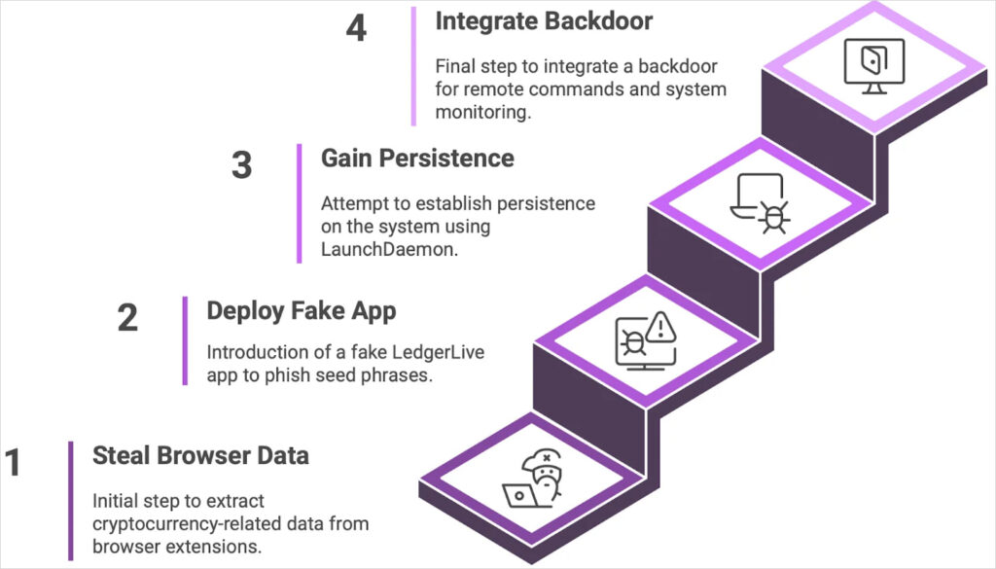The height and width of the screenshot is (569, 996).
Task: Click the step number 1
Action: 14,464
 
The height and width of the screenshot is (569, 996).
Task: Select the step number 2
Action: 127,318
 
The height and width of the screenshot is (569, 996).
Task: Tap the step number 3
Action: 241,165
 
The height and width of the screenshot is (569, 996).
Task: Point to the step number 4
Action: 357,28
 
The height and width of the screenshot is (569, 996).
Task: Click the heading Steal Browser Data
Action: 200,455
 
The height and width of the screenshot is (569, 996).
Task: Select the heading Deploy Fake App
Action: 301,310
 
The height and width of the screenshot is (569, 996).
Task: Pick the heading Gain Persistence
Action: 417,158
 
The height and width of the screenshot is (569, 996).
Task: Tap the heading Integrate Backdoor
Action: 544,21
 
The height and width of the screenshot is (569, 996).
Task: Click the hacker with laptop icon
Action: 529,479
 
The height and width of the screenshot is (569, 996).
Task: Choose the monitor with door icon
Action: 873,66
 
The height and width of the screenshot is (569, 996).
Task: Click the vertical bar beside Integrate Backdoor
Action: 413,66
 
